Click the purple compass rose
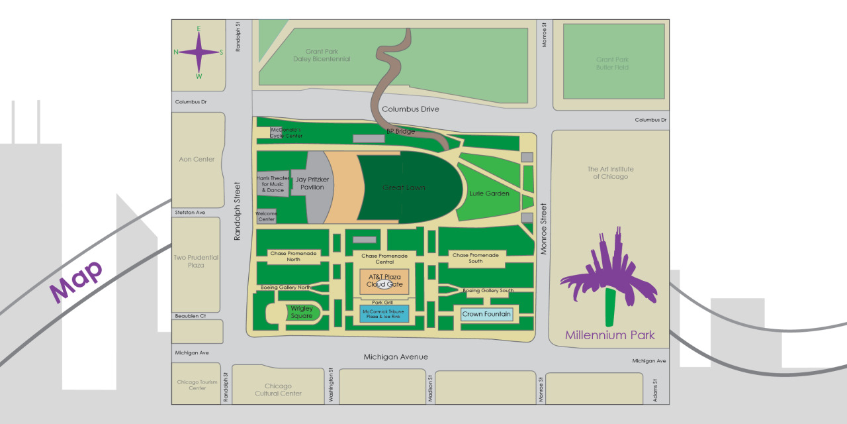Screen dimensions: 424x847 point(199,52)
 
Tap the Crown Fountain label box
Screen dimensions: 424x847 point(487,314)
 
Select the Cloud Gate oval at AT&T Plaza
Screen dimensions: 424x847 point(384,284)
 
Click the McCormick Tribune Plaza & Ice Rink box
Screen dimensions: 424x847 point(384,313)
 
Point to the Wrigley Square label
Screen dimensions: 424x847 point(302,312)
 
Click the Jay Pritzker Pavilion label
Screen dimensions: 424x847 point(312,184)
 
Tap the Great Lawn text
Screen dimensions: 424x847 point(404,188)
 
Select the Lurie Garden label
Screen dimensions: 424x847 point(489,193)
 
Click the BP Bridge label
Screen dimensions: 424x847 point(400,131)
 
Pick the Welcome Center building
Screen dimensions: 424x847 point(266,216)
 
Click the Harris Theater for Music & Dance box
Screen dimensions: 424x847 point(273,184)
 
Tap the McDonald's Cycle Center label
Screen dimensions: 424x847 point(286,132)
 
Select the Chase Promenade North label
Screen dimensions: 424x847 point(294,256)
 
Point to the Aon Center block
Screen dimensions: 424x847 point(197,159)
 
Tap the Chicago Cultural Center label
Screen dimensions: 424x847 point(278,390)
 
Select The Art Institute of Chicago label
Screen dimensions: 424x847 point(611,173)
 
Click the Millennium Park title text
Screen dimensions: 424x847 point(609,335)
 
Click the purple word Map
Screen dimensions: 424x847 point(77,281)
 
